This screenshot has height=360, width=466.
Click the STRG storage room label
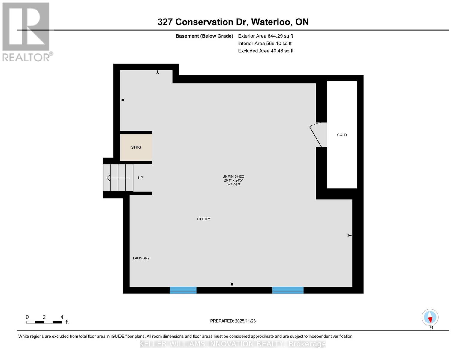[136, 147]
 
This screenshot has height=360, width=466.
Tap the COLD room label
[342, 135]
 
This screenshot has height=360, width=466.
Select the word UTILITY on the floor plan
[203, 219]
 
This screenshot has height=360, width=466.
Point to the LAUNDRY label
[141, 258]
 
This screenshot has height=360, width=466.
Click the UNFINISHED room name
[233, 176]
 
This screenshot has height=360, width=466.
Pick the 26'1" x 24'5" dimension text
[233, 180]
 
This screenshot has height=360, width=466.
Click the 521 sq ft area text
[233, 184]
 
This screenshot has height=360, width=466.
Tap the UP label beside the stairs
[140, 178]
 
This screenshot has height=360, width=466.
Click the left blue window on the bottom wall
[183, 290]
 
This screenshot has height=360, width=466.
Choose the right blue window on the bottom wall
[288, 290]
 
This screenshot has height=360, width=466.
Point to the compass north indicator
[430, 317]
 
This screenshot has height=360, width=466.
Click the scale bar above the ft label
[44, 322]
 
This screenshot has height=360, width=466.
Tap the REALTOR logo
[26, 31]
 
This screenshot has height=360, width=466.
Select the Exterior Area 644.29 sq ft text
[265, 36]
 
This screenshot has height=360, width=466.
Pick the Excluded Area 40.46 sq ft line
[266, 51]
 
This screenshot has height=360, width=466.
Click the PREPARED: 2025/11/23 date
[233, 321]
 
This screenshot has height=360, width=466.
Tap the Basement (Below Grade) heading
[204, 36]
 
